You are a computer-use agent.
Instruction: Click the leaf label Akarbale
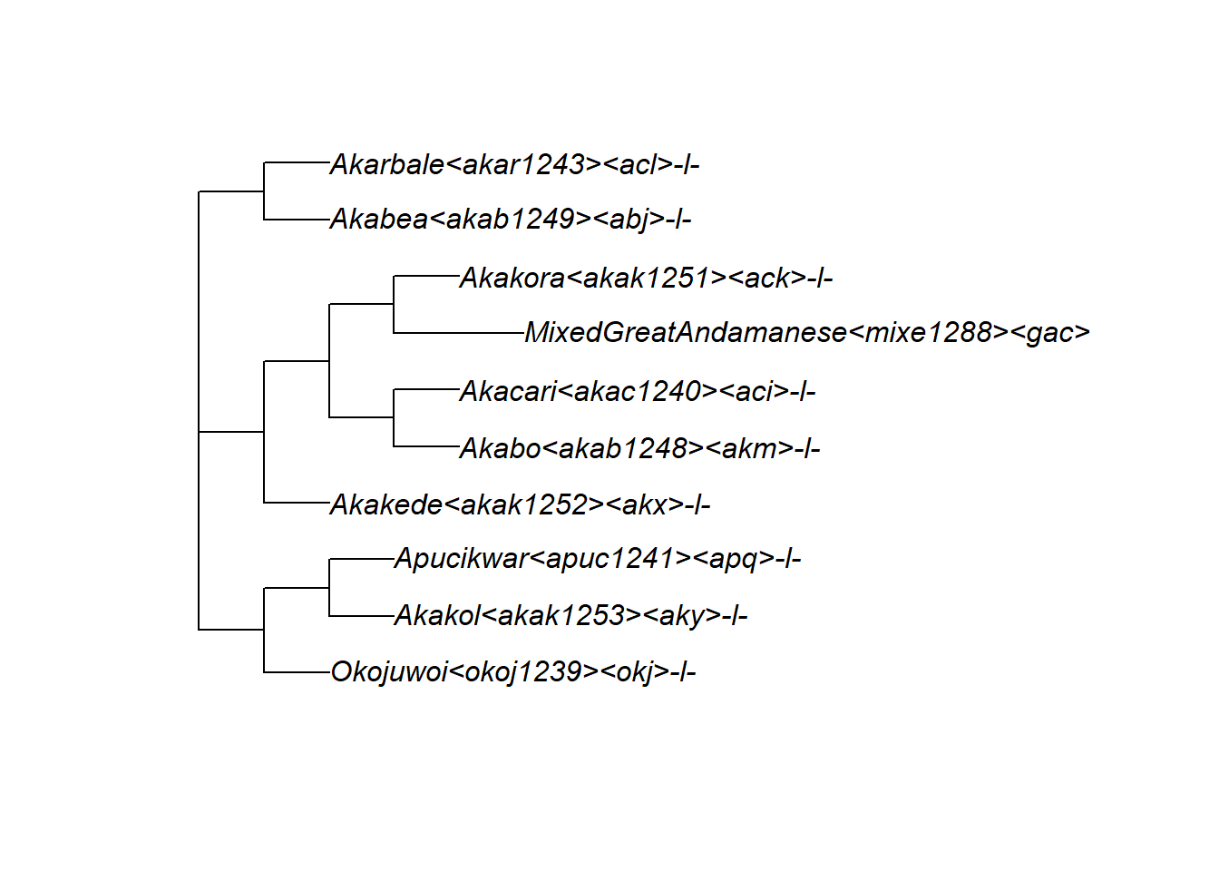point(514,164)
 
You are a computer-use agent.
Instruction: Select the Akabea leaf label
point(511,219)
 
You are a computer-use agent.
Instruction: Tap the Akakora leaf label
point(646,278)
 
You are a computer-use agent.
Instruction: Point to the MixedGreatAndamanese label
point(807,332)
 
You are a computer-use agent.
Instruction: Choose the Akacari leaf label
point(638,391)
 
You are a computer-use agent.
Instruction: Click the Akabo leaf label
point(639,448)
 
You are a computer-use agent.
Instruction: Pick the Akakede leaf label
point(520,504)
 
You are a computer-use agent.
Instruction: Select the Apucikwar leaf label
point(598,558)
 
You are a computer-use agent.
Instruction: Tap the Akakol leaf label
point(570,615)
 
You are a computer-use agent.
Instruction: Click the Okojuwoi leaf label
point(513,671)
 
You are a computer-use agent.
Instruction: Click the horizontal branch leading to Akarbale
point(297,163)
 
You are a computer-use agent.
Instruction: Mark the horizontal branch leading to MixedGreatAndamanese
point(459,333)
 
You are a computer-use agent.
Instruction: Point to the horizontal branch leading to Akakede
point(297,503)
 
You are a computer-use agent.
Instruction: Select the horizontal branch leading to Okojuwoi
point(297,672)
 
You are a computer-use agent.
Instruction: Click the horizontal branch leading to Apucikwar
point(361,559)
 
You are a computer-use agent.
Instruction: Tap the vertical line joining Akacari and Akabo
point(394,418)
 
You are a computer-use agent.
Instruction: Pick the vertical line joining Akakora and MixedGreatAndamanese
point(394,305)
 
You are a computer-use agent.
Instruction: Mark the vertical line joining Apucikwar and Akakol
point(329,588)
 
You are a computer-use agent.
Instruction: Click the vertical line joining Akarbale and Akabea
point(264,191)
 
